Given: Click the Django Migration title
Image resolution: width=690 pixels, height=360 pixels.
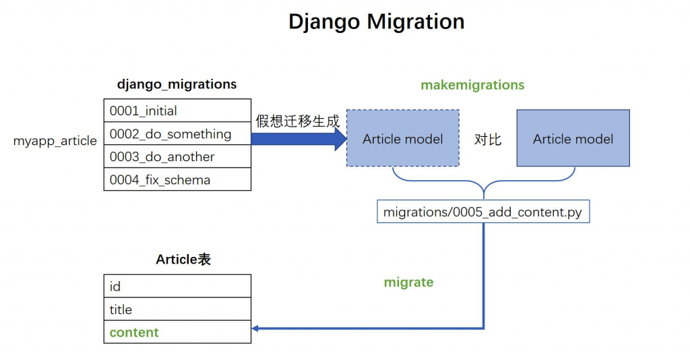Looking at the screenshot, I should coord(376,22).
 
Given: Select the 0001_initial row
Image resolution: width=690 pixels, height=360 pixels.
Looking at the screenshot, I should coord(177,111).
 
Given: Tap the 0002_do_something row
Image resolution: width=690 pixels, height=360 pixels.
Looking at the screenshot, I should coord(177,134).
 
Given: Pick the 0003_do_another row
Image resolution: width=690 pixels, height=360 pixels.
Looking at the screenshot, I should coord(177,157).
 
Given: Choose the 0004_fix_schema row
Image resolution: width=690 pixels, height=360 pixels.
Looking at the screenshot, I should coord(177,180).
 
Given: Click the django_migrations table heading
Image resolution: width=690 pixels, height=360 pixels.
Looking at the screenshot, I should coord(177,85).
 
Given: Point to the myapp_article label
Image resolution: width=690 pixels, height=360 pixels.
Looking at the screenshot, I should coord(55,141).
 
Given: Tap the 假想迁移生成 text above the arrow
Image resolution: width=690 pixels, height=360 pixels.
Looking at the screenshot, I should coord(297,122).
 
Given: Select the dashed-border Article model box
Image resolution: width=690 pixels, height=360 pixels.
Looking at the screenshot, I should coord(403,138).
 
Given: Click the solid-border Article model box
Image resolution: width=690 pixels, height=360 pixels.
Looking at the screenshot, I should coord(573,138).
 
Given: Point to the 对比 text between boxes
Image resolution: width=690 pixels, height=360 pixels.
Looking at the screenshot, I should coord(488,140).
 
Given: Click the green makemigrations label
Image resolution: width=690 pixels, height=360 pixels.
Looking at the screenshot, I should coord(472,86).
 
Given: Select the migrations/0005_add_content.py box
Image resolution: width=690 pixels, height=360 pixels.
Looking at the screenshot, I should coord(483,212).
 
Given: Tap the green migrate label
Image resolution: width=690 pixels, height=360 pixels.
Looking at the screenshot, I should coord(408,282).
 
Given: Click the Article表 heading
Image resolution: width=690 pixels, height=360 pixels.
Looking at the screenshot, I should coord(183,260).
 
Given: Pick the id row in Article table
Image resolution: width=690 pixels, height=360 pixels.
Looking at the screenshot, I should coord(177,287).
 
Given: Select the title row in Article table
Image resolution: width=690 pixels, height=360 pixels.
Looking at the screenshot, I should coord(177,309).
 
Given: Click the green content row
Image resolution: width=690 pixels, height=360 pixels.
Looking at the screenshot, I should coord(177,332).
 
